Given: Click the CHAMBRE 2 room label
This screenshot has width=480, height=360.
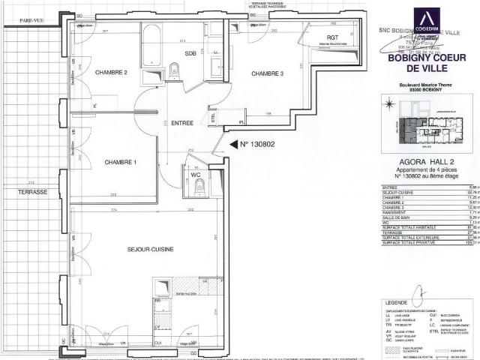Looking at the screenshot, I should click(x=111, y=72).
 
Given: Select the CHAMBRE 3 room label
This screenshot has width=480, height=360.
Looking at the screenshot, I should click(x=267, y=73).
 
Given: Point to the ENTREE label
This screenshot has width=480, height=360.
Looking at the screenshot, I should click(x=182, y=123).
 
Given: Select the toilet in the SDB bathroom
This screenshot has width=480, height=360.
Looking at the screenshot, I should click(x=175, y=71).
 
